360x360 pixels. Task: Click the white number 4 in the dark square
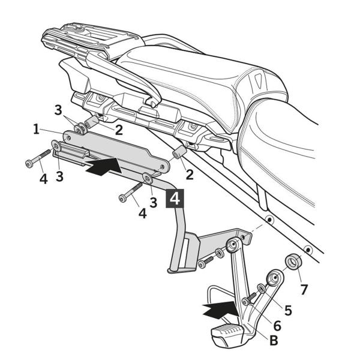pyautogui.click(x=175, y=199)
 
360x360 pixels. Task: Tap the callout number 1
pyautogui.click(x=36, y=129)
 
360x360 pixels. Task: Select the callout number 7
pyautogui.click(x=304, y=290)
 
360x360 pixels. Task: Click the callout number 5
pyautogui.click(x=288, y=310)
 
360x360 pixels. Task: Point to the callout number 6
pyautogui.click(x=277, y=326)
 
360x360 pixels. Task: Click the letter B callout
pyautogui.click(x=274, y=340)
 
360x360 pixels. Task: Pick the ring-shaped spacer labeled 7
pyautogui.click(x=293, y=262)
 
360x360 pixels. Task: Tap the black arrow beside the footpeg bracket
pyautogui.click(x=220, y=310)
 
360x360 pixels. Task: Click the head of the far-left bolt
pyautogui.click(x=28, y=164)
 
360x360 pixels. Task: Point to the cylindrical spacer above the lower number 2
pyautogui.click(x=178, y=153)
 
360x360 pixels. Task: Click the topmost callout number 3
pyautogui.click(x=58, y=110)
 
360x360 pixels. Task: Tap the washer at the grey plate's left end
pyautogui.click(x=56, y=146)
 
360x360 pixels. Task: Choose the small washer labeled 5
pyautogui.click(x=261, y=289)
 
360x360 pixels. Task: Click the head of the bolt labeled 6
pyautogui.click(x=245, y=302)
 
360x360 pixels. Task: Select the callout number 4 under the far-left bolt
pyautogui.click(x=43, y=179)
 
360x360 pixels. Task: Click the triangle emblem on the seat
pyautogui.click(x=257, y=81)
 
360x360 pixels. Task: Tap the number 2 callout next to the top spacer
pyautogui.click(x=119, y=130)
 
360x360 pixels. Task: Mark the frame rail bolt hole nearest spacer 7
pyautogui.click(x=308, y=250)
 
